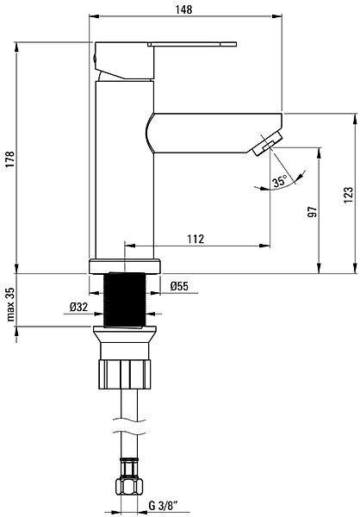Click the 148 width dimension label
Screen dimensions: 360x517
pos(183,9)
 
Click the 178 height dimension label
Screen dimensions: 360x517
pos(10,159)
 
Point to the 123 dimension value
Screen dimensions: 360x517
pos(348,196)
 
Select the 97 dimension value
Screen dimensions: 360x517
pos(313,212)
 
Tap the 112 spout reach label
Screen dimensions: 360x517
pos(196,239)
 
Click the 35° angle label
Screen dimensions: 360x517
pos(280,181)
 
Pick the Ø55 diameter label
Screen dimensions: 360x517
pos(179,286)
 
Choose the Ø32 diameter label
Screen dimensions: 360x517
pos(78,307)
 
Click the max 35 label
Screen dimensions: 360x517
pos(10,304)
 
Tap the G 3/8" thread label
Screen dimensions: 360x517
pos(163,505)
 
